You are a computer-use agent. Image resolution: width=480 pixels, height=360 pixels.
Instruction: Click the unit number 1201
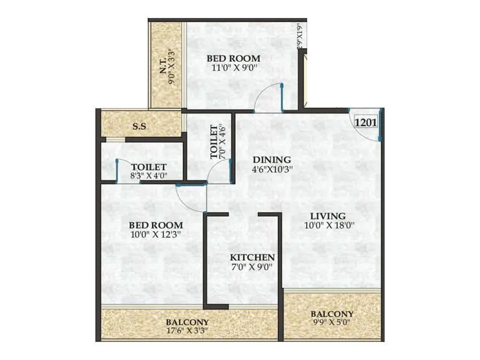pyautogui.click(x=365, y=122)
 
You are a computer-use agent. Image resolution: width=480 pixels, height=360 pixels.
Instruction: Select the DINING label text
pyautogui.click(x=271, y=160)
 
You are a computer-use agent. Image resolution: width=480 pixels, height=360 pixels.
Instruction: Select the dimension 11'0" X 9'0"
pyautogui.click(x=234, y=68)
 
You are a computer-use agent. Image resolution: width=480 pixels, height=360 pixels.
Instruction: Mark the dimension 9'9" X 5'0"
pyautogui.click(x=332, y=324)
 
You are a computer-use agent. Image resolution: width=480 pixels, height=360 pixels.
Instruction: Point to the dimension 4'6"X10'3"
pyautogui.click(x=271, y=170)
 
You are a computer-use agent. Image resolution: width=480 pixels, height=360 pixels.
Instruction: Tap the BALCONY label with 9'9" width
pyautogui.click(x=332, y=314)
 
